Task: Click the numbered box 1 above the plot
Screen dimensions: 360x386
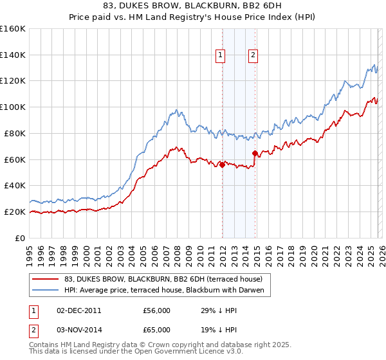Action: pyautogui.click(x=221, y=56)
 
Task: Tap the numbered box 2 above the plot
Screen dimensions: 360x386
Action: pyautogui.click(x=253, y=56)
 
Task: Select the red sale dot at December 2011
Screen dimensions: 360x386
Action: pyautogui.click(x=222, y=165)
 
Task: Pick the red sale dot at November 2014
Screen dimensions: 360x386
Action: pyautogui.click(x=255, y=153)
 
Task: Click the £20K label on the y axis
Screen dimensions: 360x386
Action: pyautogui.click(x=15, y=212)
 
